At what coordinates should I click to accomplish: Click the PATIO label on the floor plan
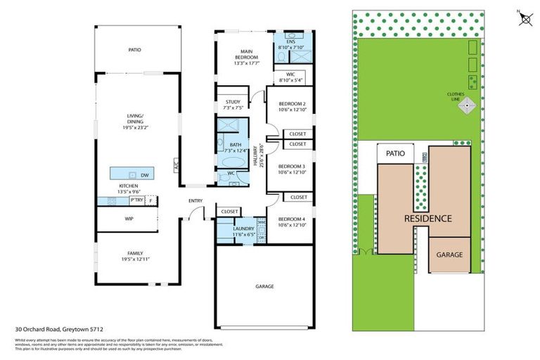(x=134, y=50)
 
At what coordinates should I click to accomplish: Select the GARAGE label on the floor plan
(x=264, y=286)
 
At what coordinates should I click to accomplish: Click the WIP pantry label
(x=129, y=219)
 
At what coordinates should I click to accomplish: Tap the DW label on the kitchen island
(x=143, y=175)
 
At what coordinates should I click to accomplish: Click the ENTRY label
(x=195, y=202)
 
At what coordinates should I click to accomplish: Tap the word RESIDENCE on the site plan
(x=427, y=218)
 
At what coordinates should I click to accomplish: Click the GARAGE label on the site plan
(x=450, y=255)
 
